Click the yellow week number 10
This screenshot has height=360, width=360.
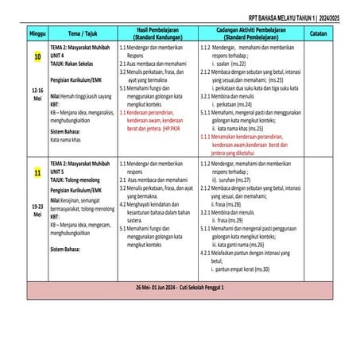(x=37, y=58)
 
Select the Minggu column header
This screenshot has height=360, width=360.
(x=37, y=33)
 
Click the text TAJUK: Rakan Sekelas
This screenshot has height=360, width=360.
(x=74, y=61)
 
